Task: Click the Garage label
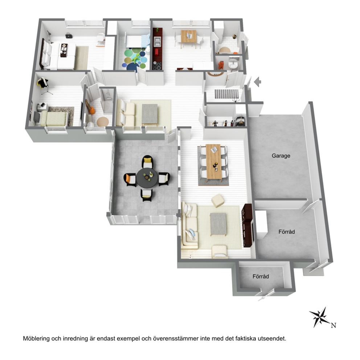pos(281,156)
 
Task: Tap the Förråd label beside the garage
pos(287,232)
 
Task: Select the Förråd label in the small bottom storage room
pos(261,277)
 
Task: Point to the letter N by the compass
pos(334,325)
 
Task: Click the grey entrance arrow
pos(258,82)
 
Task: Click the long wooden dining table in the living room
pos(213,161)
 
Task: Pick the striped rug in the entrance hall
pos(226,94)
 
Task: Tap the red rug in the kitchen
pos(156,52)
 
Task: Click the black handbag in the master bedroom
pos(68,35)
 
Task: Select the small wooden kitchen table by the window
pos(188,37)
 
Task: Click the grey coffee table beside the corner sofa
pos(218,224)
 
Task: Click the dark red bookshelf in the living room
pos(247,225)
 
